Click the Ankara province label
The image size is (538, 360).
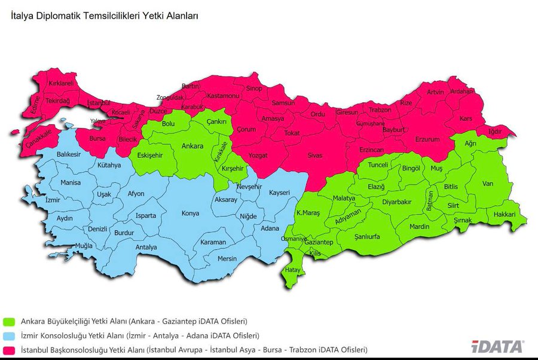tap(192, 146)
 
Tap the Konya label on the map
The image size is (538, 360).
tap(190, 213)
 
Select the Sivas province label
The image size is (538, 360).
tap(315, 155)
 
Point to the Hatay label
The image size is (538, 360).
tap(292, 270)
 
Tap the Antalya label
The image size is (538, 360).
tap(146, 247)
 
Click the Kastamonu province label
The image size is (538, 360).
tap(223, 96)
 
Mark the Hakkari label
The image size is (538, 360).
tap(504, 213)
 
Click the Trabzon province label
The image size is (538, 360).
tap(380, 111)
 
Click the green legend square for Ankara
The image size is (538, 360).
tap(10, 321)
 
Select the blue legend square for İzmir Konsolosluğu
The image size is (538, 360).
tap(10, 335)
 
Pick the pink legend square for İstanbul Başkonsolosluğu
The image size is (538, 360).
tap(10, 349)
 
